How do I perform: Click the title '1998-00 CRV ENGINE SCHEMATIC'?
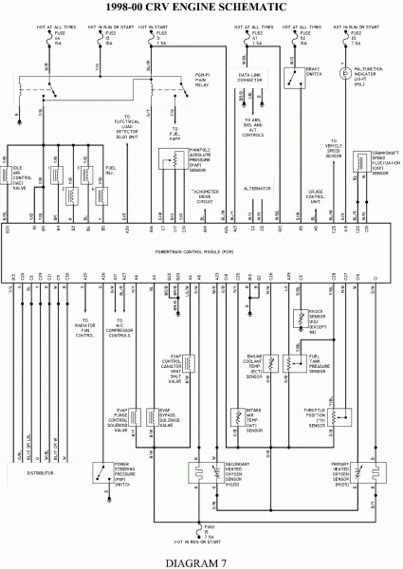point(201,8)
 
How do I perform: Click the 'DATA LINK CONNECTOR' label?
point(250,78)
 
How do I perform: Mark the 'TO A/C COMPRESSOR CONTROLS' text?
point(120,328)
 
